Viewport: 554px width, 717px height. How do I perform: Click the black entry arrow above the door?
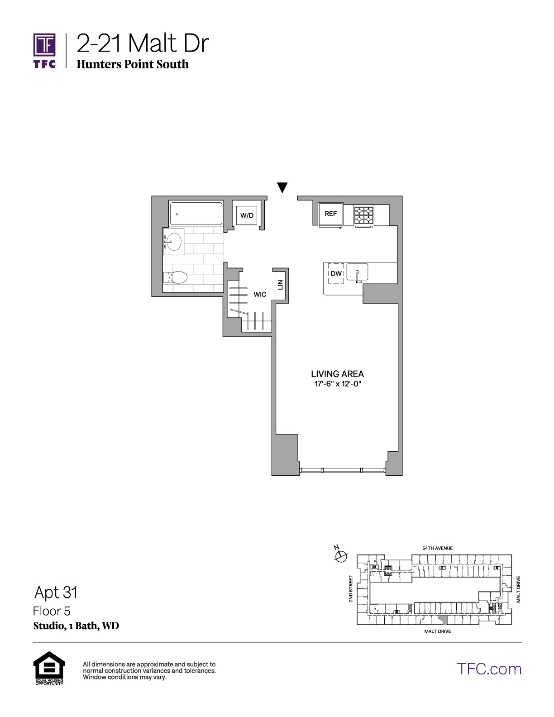pos(282,187)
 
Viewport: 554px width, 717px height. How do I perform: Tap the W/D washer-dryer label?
pos(247,215)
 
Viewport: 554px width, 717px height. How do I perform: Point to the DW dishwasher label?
pos(336,273)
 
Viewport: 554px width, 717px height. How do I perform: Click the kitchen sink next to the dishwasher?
pos(358,272)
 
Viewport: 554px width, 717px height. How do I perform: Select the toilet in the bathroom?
pos(175,277)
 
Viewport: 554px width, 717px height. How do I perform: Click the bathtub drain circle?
pos(177,214)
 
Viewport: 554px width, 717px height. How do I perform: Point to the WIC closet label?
pos(260,294)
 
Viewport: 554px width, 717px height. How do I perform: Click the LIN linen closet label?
pos(280,285)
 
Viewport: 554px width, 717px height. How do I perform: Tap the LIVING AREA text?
pos(337,374)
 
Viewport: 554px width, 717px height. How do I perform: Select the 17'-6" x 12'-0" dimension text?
pos(338,384)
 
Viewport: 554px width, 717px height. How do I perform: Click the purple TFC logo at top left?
pos(44,51)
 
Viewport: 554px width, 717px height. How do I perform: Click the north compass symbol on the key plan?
pos(341,556)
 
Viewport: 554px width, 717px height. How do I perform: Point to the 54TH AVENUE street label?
pos(437,548)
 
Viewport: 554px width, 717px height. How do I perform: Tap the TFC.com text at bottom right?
pos(489,669)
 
